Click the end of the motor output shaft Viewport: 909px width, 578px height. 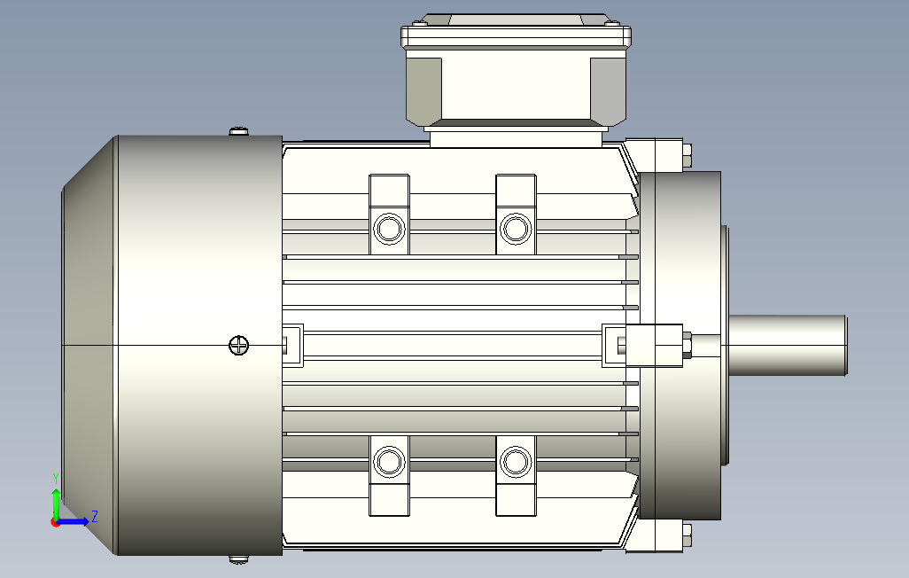[843, 347]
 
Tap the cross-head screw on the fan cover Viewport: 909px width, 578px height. [238, 346]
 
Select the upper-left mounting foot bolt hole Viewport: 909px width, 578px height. [388, 229]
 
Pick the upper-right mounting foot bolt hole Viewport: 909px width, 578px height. [514, 229]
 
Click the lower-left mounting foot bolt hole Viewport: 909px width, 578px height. [388, 461]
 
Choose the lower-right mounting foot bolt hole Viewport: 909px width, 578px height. [514, 461]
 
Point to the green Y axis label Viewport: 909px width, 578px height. [55, 478]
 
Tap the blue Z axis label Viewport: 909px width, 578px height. [94, 515]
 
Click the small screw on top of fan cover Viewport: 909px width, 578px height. [239, 132]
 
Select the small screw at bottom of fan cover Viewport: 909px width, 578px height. [239, 559]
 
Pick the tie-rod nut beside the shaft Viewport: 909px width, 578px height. [687, 346]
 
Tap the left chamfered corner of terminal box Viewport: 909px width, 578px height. [423, 89]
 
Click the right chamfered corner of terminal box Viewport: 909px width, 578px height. [610, 89]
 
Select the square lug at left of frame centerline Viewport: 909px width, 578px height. [291, 345]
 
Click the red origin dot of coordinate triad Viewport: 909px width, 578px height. [56, 522]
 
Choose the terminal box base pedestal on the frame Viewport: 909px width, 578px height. [514, 136]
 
